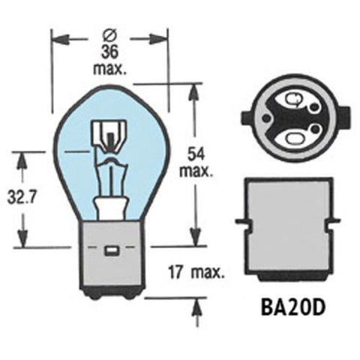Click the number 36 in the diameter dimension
[110, 52]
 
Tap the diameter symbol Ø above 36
[110, 35]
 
